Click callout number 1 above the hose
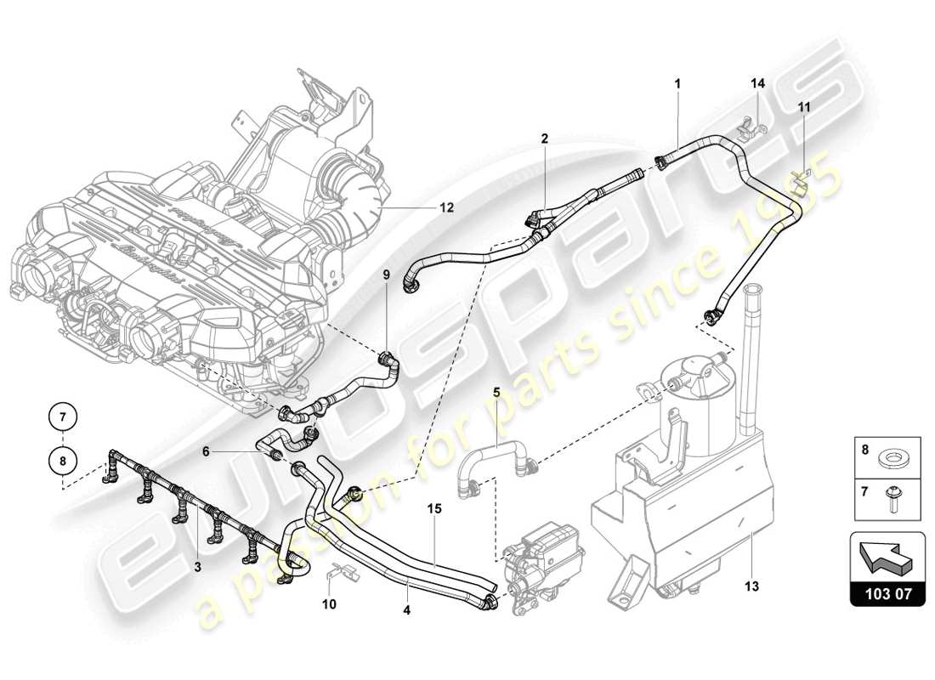[x=677, y=83]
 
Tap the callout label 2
[x=544, y=138]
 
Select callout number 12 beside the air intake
[x=446, y=207]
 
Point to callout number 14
[x=757, y=83]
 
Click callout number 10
[x=330, y=604]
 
